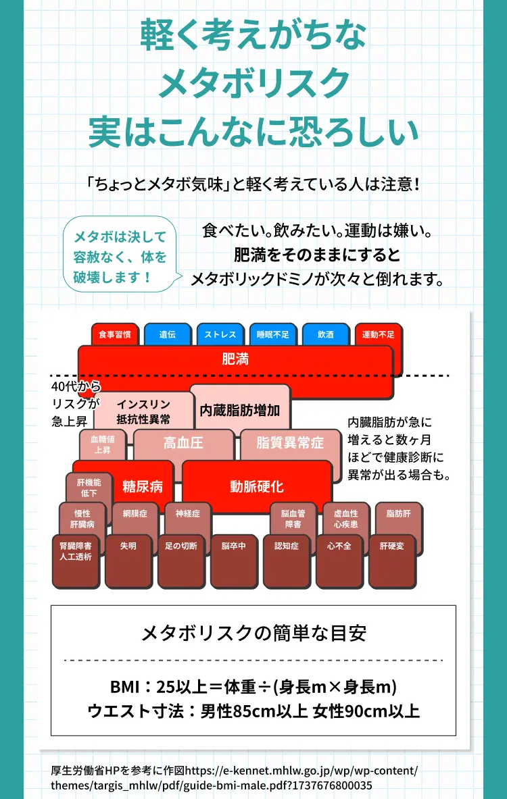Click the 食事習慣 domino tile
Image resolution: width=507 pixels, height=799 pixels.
[115, 334]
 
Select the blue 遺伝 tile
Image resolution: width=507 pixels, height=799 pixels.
[167, 334]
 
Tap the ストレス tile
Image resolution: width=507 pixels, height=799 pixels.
[220, 334]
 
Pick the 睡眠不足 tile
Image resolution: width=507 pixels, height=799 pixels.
[273, 334]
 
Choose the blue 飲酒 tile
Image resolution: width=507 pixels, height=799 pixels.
[325, 334]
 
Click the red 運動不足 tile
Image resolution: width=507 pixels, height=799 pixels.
[378, 334]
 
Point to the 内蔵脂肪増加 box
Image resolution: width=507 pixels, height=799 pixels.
[240, 410]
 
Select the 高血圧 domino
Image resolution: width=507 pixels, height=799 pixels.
[183, 442]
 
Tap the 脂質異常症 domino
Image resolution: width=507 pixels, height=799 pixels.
[290, 442]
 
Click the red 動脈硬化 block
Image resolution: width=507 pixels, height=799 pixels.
[257, 487]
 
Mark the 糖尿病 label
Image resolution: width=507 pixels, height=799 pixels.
[143, 487]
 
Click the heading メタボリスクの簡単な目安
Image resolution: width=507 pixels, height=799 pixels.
[254, 634]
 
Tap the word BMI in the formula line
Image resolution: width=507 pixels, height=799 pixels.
[124, 687]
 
